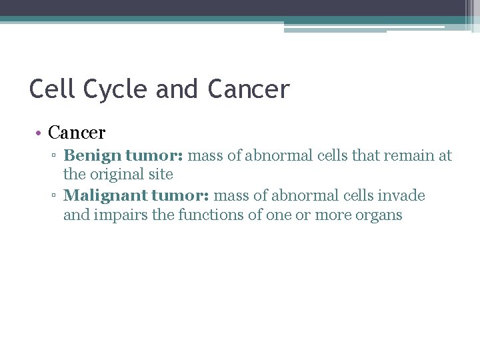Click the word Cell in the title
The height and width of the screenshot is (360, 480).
click(49, 89)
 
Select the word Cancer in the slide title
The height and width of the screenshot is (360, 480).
click(249, 89)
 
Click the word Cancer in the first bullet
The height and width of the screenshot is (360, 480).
click(77, 133)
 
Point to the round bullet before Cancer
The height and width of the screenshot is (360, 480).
click(39, 133)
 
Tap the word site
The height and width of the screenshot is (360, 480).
click(161, 175)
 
